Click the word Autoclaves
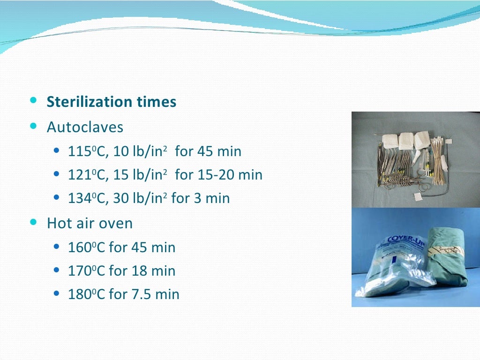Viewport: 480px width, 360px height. click(85, 127)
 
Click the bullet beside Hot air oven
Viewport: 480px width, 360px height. click(33, 223)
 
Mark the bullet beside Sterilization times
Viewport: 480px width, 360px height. click(33, 101)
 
